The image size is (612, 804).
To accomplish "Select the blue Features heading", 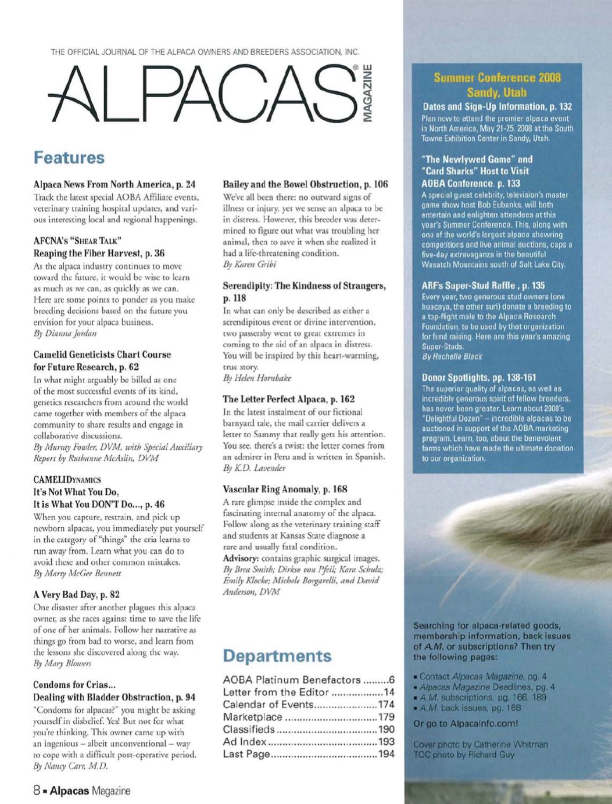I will pyautogui.click(x=69, y=158).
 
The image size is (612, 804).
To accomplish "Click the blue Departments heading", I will pyautogui.click(x=277, y=656).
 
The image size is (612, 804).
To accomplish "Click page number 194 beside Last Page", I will pyautogui.click(x=386, y=754).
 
